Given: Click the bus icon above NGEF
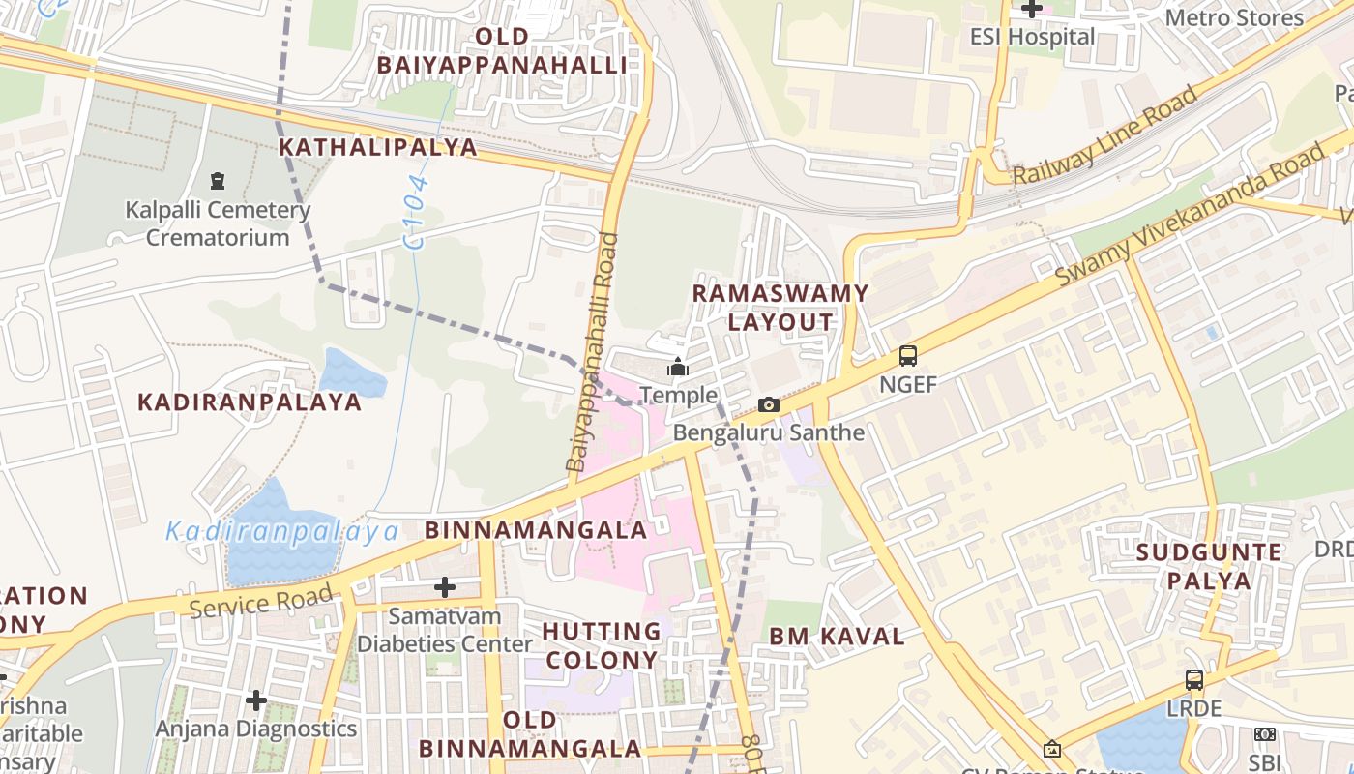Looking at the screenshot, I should point(908,355).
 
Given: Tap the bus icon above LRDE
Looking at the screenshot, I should point(1194,679).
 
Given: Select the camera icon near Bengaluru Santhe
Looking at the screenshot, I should point(768,404).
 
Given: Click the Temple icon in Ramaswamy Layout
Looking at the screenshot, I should point(678,368).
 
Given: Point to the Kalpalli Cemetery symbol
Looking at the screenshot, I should point(218,181).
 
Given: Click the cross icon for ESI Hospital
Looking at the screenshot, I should point(1032,10).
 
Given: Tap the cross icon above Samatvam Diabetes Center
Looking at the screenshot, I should point(445,586).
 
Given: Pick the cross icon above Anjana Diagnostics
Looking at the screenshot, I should point(256,700).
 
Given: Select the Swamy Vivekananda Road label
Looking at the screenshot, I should point(1189,215).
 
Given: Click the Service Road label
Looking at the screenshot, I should point(261,602).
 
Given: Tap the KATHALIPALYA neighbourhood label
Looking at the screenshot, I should point(378,147).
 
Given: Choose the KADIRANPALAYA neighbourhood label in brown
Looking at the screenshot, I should point(250,402).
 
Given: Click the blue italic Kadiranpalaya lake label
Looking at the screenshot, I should point(282,531).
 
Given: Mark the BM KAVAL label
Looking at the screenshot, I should point(837,637).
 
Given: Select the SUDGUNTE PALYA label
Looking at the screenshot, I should point(1209,567).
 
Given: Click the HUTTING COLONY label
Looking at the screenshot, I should point(601,646).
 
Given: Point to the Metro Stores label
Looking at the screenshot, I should point(1234,17).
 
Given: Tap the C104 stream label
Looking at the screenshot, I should point(416,215).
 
